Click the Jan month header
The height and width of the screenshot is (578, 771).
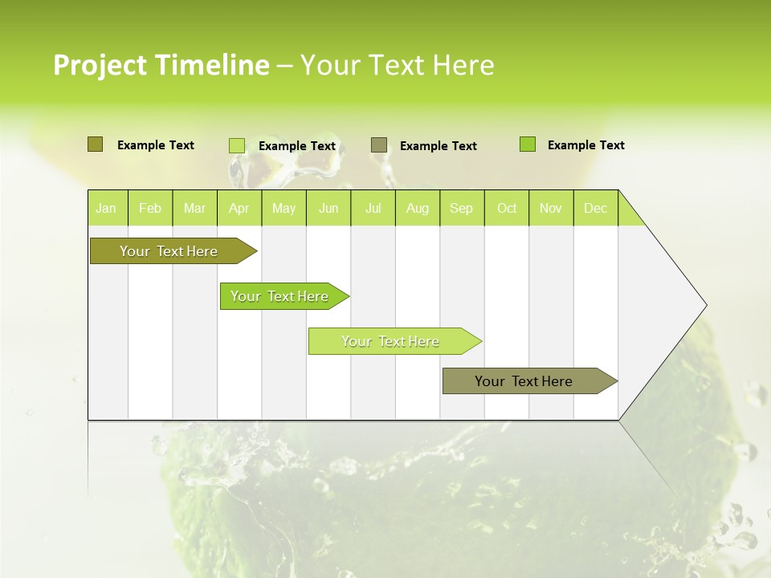pyautogui.click(x=107, y=208)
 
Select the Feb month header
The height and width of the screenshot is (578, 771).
pyautogui.click(x=150, y=208)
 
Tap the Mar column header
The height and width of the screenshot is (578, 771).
pyautogui.click(x=194, y=208)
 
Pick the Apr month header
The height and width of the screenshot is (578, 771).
pyautogui.click(x=239, y=208)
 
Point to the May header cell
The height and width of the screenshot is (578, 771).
pyautogui.click(x=284, y=208)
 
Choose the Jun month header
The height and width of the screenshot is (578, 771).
pyautogui.click(x=328, y=208)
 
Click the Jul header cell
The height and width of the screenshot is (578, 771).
pyautogui.click(x=373, y=208)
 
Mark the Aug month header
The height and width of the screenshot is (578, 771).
pyautogui.click(x=418, y=208)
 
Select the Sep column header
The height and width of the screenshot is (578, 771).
pyautogui.click(x=462, y=208)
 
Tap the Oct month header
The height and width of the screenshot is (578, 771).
pyautogui.click(x=507, y=208)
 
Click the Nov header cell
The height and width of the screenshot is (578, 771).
pyautogui.click(x=551, y=208)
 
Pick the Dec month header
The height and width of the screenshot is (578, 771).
pyautogui.click(x=596, y=208)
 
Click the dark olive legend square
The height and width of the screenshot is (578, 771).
pyautogui.click(x=95, y=144)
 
